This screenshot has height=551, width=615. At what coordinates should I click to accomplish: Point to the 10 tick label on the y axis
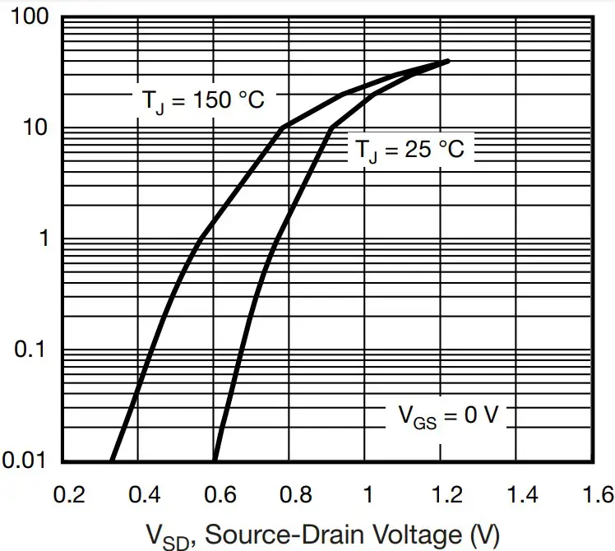coord(38,128)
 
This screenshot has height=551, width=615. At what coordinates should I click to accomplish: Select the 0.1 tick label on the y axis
coord(35,350)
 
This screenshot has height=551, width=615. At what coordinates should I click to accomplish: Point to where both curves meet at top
coord(447,61)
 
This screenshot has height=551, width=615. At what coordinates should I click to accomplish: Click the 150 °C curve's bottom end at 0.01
coord(111,460)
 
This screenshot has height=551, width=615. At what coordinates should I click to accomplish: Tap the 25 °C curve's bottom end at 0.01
coord(215,460)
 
